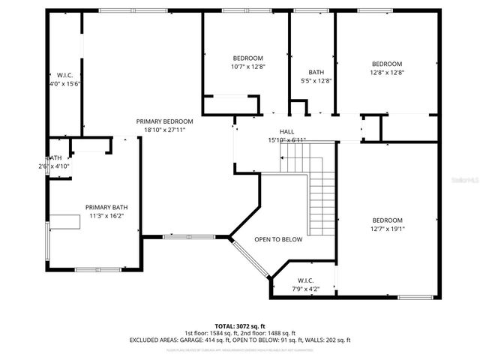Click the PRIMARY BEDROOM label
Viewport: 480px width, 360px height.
(164, 121)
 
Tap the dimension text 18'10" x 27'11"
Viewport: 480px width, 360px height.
(164, 130)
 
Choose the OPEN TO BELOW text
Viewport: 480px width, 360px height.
(277, 239)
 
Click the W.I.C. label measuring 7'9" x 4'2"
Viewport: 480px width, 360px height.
(304, 280)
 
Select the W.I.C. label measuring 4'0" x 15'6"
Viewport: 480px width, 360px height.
(64, 75)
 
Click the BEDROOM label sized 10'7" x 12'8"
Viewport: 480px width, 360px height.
(247, 58)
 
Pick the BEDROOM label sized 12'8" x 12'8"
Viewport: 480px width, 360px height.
(387, 64)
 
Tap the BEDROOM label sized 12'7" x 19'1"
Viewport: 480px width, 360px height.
(387, 220)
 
